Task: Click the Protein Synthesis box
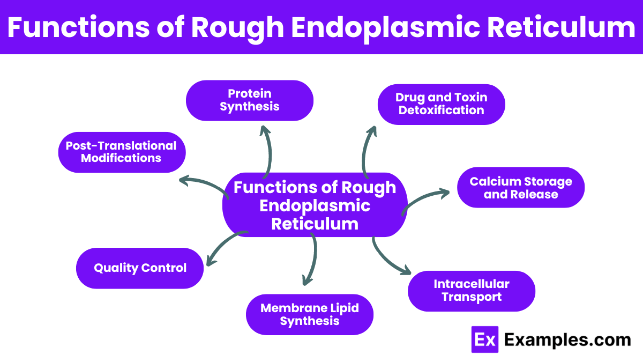[x=249, y=100]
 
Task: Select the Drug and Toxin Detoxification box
[x=441, y=104]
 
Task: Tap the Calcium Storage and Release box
[x=520, y=188]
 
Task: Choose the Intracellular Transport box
[x=471, y=291]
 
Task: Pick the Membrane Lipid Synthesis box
[x=309, y=314]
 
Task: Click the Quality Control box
[x=140, y=268]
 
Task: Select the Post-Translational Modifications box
[x=122, y=152]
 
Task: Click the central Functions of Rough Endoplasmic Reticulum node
[x=315, y=205]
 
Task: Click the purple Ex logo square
[x=484, y=339]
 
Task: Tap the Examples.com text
[x=567, y=339]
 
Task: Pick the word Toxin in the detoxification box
[x=468, y=97]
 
